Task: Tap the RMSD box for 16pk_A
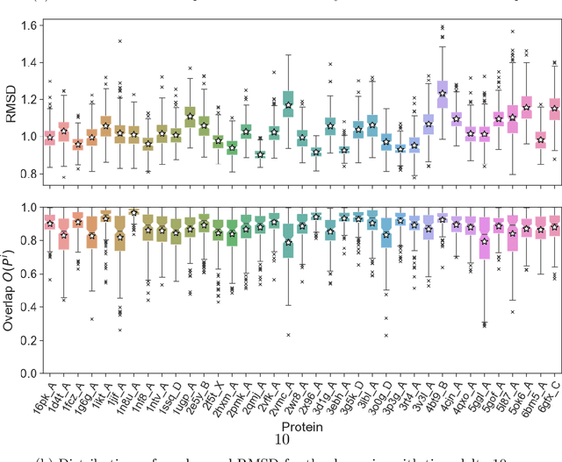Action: point(49,137)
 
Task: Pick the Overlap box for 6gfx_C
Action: point(554,226)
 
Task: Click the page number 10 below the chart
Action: point(283,439)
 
